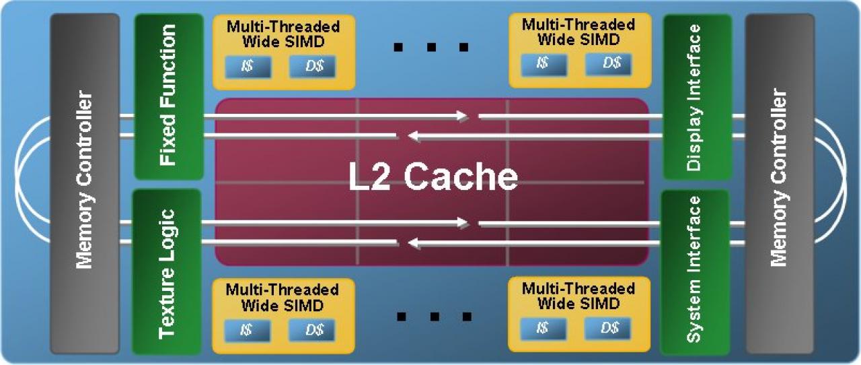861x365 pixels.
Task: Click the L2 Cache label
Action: tap(433, 176)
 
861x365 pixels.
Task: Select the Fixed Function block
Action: tap(169, 96)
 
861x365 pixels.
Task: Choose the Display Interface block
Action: tap(698, 97)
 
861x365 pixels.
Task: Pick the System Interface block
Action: tap(695, 272)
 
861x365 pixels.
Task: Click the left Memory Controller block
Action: tap(85, 183)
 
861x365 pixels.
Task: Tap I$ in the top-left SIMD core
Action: tap(248, 67)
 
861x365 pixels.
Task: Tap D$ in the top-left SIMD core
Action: tap(312, 67)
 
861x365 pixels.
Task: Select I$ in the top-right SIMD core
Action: tap(544, 64)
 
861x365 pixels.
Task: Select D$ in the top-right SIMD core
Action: tap(608, 63)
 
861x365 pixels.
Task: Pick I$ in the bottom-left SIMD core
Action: tap(247, 331)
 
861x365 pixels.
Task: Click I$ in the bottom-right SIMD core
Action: tap(543, 329)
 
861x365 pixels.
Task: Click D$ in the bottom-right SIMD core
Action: tap(607, 329)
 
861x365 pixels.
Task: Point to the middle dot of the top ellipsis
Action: tap(431, 47)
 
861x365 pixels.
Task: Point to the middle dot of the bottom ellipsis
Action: tap(435, 317)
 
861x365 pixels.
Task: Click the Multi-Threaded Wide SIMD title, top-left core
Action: tap(283, 34)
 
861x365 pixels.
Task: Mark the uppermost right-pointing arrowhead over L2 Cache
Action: tap(462, 116)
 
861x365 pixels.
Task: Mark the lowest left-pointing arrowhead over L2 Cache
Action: tap(414, 243)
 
